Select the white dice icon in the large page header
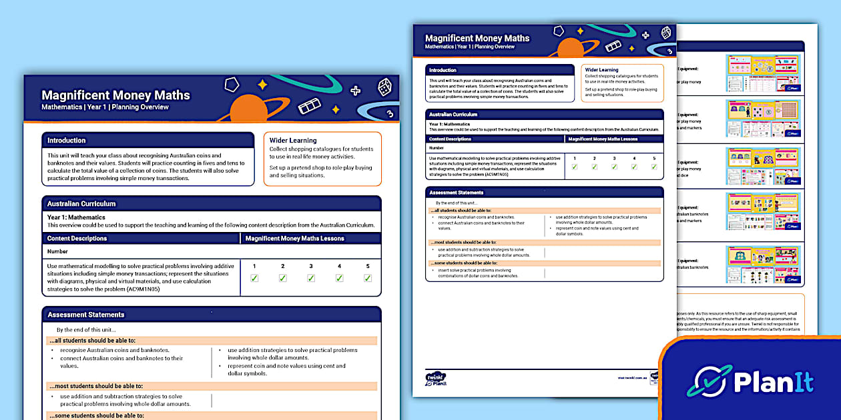click(384, 87)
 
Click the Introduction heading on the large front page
click(67, 141)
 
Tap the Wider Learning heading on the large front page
click(293, 141)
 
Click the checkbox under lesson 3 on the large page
click(311, 278)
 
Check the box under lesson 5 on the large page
click(368, 278)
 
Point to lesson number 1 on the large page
click(254, 267)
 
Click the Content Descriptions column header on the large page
click(77, 238)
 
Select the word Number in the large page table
click(58, 252)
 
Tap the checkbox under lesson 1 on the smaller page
click(574, 167)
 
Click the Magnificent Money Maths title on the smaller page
click(477, 38)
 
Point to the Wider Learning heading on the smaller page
click(601, 69)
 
